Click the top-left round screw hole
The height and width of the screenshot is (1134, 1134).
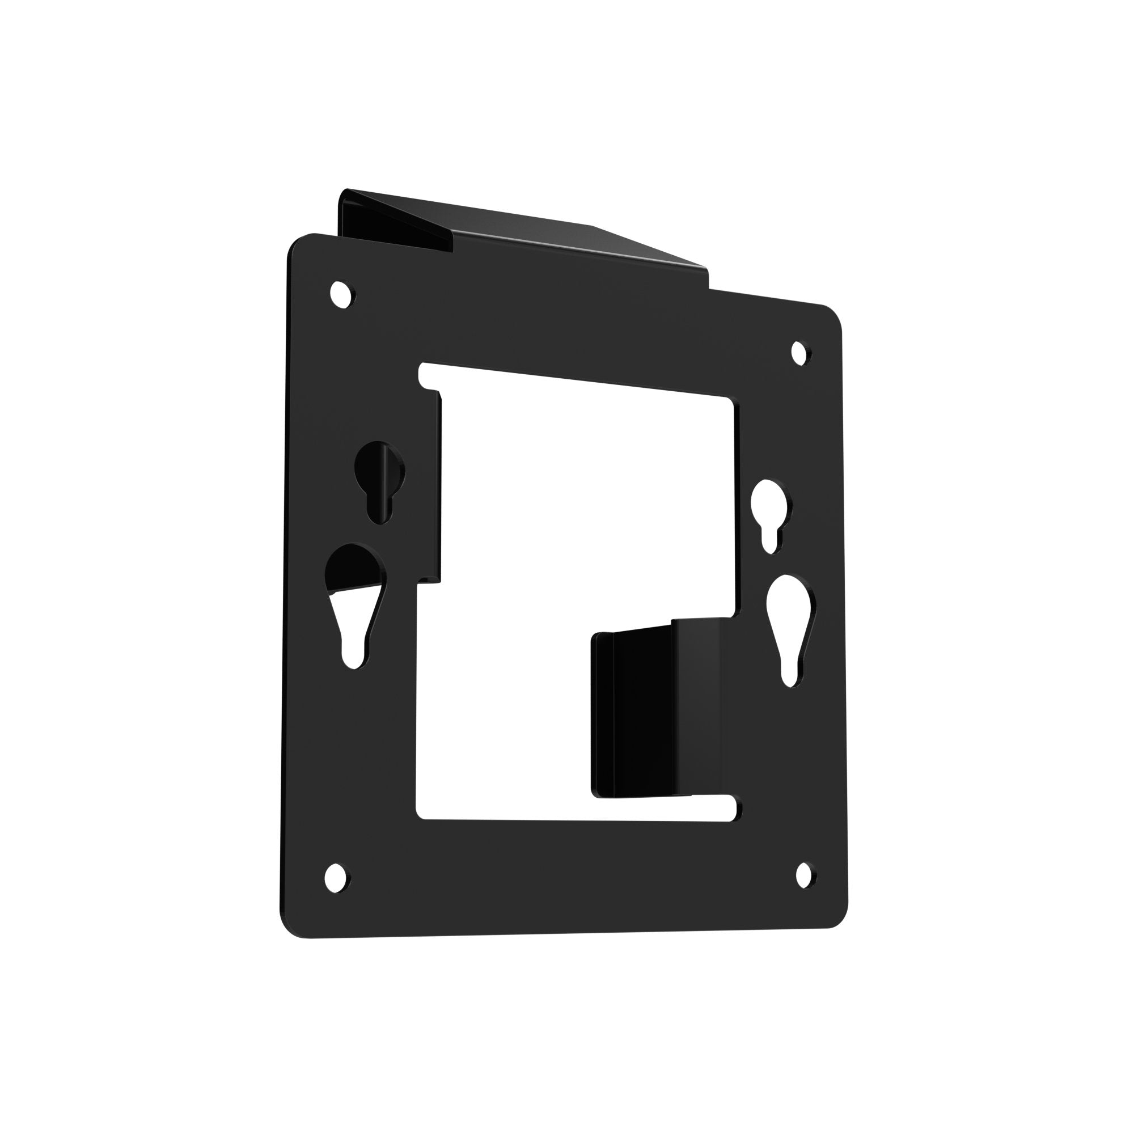click(x=341, y=293)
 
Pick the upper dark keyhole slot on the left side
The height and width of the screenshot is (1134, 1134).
click(x=380, y=478)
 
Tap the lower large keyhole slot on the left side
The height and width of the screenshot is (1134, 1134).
click(x=354, y=599)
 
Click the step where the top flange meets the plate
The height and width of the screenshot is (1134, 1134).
click(x=709, y=281)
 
